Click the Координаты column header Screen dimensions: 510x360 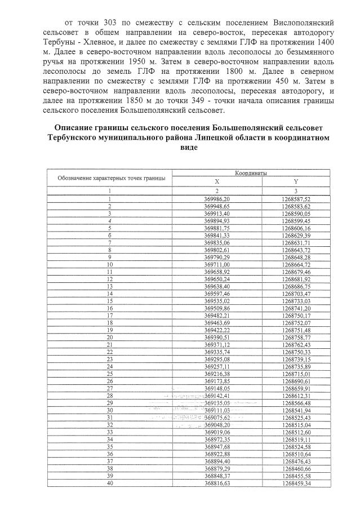click(x=251, y=174)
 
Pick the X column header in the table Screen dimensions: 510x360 click(x=217, y=181)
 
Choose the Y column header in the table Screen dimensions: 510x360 click(x=296, y=181)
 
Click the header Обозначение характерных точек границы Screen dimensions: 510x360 click(x=111, y=178)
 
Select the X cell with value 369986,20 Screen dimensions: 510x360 click(x=217, y=199)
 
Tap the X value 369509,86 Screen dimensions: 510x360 click(x=217, y=307)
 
